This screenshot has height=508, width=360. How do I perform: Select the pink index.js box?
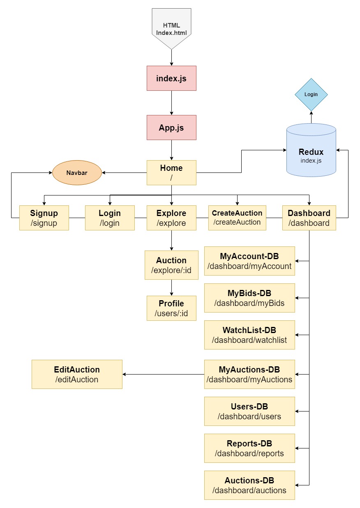pos(171,78)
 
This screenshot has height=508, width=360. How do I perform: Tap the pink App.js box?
pos(171,127)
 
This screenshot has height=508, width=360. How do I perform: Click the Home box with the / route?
pos(171,172)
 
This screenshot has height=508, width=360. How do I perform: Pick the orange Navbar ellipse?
pos(77,173)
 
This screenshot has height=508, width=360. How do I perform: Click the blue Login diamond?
pos(311,94)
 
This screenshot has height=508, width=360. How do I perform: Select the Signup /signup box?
pos(44,218)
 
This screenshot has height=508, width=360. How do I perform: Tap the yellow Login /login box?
pos(110,218)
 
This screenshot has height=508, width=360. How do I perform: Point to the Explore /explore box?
pos(171,218)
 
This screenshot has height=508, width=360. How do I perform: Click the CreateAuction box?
pos(237,218)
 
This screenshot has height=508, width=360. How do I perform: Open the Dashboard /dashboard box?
pos(309,218)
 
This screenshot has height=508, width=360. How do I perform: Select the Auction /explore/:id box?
pos(171,265)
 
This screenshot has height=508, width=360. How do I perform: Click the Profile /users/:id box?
pos(171,308)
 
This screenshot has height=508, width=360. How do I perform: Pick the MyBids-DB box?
pos(249,298)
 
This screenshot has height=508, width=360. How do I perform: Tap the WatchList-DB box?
pos(249,335)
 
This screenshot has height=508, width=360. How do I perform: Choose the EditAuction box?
pos(77,374)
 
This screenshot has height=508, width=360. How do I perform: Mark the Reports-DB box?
pos(249,448)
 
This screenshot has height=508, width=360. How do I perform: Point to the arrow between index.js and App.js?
pos(171,103)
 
